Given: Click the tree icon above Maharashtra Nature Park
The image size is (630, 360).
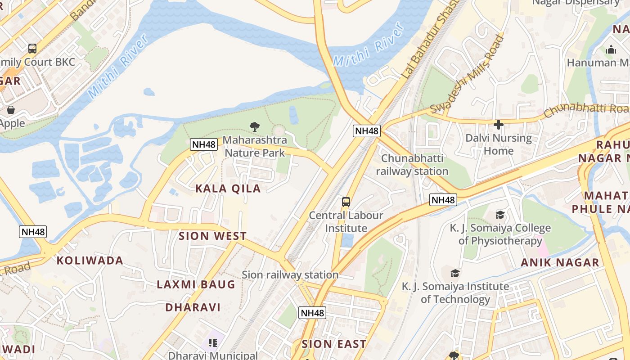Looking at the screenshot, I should click(255, 126).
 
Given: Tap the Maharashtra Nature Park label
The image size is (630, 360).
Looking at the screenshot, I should click(255, 147).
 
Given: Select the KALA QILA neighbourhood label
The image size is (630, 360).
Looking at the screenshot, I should click(228, 189).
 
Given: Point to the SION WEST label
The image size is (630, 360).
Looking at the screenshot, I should click(213, 236).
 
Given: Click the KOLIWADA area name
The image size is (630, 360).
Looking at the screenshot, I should click(90, 261).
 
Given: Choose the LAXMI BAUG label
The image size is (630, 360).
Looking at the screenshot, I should click(196, 284).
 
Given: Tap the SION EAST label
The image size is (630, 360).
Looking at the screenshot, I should click(334, 344).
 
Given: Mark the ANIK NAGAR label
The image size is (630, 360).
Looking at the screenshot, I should click(560, 262).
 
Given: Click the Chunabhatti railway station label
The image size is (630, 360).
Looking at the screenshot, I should click(412, 165).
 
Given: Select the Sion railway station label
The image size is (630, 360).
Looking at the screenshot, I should click(290, 274).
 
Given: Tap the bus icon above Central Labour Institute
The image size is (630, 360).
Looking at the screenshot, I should click(346, 202).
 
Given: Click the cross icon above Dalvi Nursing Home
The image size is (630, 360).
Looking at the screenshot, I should click(498, 125).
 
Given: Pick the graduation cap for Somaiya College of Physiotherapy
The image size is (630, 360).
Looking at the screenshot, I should click(500, 215).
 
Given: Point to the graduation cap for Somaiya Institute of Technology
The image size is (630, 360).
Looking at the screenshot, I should click(455, 273).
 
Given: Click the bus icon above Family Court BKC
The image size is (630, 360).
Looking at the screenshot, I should click(32, 48).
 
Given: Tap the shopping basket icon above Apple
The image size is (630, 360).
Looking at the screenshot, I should click(10, 110).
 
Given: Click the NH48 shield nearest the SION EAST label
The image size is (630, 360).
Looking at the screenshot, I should click(312, 313).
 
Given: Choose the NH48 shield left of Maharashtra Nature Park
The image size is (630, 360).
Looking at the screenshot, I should click(204, 144).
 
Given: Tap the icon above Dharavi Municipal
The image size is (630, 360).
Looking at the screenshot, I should click(213, 343).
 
